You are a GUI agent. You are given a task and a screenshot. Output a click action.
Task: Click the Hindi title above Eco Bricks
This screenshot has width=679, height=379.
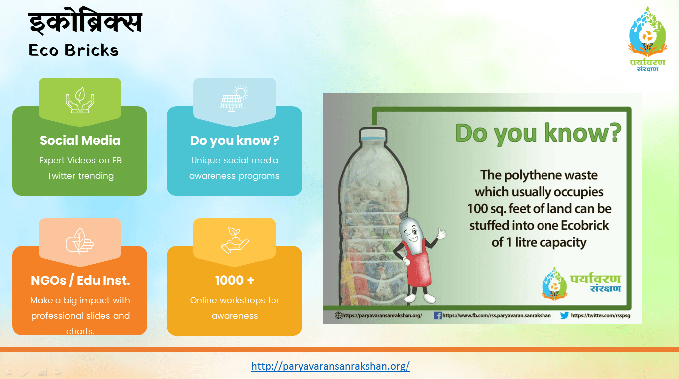[85, 23]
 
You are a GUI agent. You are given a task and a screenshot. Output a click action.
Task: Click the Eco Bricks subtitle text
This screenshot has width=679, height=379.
[73, 50]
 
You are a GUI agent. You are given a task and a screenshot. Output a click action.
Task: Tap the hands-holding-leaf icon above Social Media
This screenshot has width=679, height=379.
[80, 100]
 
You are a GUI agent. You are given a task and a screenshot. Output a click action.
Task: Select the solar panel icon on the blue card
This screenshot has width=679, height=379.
[234, 98]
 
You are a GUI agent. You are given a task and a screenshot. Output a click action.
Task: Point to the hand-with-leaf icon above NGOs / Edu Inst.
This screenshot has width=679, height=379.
[80, 241]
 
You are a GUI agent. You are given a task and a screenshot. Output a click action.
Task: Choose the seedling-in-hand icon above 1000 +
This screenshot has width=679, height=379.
[234, 240]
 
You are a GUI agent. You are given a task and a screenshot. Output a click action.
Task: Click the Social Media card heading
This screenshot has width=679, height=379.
[80, 140]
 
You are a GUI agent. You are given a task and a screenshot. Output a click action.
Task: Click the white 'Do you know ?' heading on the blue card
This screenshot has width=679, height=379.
[235, 140]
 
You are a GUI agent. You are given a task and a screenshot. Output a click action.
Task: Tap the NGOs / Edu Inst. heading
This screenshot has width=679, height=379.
[80, 280]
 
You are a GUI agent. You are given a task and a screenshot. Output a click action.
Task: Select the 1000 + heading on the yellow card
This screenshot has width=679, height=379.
[235, 280]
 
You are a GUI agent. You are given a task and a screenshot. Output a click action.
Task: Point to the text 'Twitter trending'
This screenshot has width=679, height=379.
[80, 176]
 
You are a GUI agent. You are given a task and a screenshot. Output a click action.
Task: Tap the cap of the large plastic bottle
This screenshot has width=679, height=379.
[373, 134]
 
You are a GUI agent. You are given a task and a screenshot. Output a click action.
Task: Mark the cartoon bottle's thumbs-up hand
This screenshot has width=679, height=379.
[441, 233]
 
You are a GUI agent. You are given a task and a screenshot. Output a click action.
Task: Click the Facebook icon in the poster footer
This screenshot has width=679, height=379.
[438, 315]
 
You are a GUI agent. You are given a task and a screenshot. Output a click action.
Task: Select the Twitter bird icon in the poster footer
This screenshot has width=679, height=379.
[564, 315]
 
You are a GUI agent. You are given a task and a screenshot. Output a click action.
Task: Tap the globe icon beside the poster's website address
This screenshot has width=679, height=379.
[338, 315]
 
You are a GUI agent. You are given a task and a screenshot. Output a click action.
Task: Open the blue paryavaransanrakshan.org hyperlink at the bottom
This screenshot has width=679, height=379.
[330, 366]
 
